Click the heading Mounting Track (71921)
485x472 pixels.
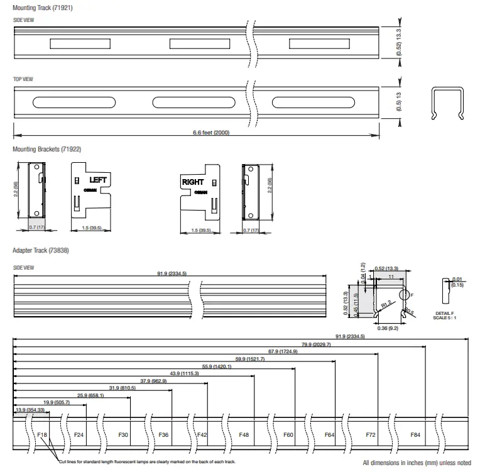click(38, 7)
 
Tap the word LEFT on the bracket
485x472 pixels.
click(99, 180)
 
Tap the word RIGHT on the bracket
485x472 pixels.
click(193, 182)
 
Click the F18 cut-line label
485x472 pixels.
click(42, 435)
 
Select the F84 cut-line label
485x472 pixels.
click(415, 435)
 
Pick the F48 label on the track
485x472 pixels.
click(244, 435)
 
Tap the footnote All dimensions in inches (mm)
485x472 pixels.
click(417, 463)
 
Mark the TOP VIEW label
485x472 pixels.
click(23, 79)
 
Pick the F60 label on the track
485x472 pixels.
click(288, 435)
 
